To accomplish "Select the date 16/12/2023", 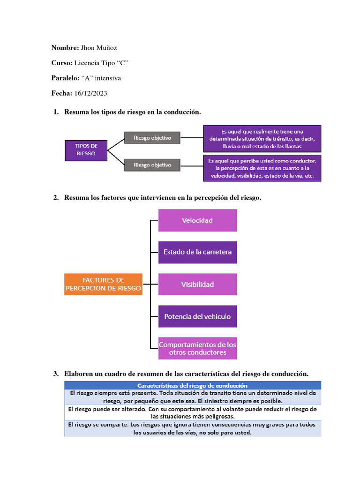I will coord(90,93).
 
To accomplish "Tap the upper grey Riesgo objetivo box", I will coord(152,138).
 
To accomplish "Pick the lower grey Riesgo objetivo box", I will coord(152,165).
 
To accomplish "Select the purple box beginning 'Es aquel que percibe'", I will coord(262,168).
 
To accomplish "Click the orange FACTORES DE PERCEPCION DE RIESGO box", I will coord(103,284).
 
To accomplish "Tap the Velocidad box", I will coord(197,220).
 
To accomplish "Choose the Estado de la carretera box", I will coord(197,252).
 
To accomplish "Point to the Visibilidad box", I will coord(197,284).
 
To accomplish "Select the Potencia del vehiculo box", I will coord(197,316).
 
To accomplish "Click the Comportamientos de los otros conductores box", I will coord(197,348).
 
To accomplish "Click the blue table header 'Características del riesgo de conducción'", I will coord(192,385).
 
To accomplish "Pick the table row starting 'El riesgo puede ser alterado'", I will coord(192,412).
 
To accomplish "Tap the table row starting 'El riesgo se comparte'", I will coord(192,428).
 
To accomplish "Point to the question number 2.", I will coord(56,198).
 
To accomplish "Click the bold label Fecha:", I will coord(61,93).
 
